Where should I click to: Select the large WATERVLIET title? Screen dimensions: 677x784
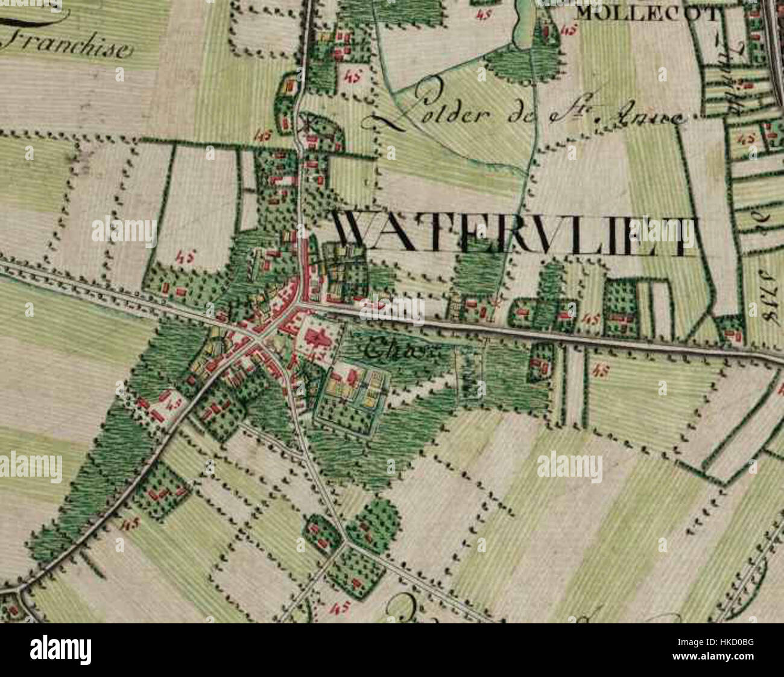tap(516, 235)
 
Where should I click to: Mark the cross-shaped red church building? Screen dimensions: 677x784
tap(318, 342)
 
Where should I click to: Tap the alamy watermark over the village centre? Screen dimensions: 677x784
tap(392, 308)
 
